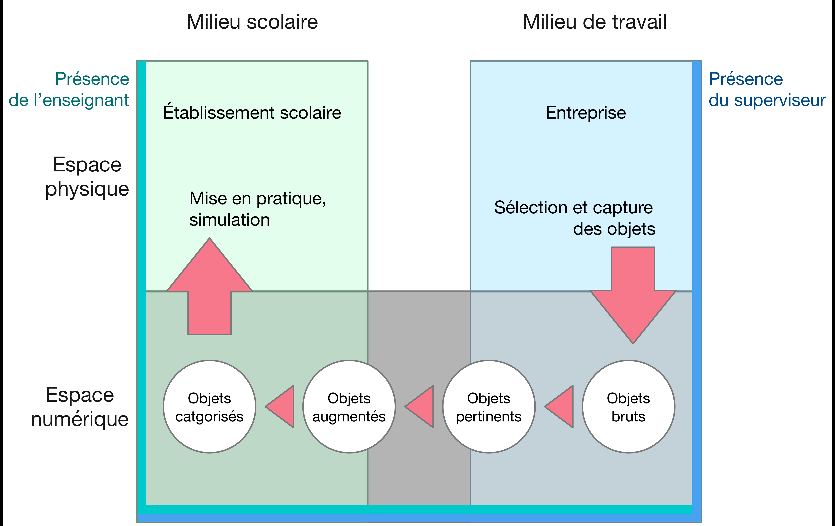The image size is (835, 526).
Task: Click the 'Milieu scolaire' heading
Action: (252, 22)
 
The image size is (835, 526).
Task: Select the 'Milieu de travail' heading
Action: (594, 22)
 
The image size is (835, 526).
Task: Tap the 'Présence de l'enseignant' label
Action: (69, 89)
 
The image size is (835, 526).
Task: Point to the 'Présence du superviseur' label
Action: (766, 89)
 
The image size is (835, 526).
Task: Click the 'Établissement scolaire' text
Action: (252, 113)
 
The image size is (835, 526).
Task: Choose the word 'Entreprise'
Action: (586, 113)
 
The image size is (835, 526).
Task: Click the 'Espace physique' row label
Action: (87, 177)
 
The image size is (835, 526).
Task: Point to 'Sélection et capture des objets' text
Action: (574, 218)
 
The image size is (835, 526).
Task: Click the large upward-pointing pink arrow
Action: (210, 288)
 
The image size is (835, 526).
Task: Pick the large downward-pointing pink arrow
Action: (633, 295)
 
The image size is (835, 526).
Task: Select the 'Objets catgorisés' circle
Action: (210, 407)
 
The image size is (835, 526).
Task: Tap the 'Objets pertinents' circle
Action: (489, 407)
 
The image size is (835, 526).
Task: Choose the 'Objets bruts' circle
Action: (628, 407)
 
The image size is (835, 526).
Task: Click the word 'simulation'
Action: (230, 220)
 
